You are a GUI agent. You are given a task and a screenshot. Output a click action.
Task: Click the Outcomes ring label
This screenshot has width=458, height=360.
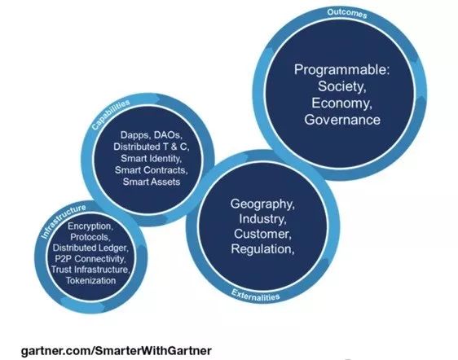346,13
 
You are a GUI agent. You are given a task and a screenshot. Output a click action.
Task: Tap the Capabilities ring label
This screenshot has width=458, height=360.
111,115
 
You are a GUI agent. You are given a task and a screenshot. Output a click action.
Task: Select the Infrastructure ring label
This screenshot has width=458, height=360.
64,222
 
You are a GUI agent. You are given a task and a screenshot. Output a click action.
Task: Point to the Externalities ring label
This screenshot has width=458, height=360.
256,295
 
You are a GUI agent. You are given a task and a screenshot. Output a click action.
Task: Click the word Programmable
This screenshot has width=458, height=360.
341,70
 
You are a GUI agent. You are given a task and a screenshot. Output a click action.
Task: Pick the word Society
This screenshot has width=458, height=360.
342,86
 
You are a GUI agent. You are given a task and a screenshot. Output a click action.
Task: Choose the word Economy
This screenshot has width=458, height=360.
341,103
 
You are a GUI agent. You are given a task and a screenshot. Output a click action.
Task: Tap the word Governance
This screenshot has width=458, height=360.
342,120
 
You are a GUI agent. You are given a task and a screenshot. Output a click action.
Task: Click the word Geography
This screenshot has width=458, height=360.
262,204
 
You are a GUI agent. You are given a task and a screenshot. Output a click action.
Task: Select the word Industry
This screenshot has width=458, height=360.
262,219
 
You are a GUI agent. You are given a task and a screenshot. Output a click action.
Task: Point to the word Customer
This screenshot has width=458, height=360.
262,234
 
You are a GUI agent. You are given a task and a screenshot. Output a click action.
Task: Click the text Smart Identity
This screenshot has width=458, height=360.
152,158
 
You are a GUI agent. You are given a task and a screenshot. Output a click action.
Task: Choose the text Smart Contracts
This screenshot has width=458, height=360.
152,170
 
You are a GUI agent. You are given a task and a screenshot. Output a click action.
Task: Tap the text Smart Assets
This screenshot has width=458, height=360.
152,182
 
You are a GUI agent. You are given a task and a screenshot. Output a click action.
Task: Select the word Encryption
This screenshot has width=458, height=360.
90,226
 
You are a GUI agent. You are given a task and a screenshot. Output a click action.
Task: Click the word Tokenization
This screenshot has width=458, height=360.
90,280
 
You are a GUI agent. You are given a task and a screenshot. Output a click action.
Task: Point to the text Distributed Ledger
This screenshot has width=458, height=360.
90,248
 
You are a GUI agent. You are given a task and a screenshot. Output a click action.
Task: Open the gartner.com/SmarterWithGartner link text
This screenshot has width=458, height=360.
117,350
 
